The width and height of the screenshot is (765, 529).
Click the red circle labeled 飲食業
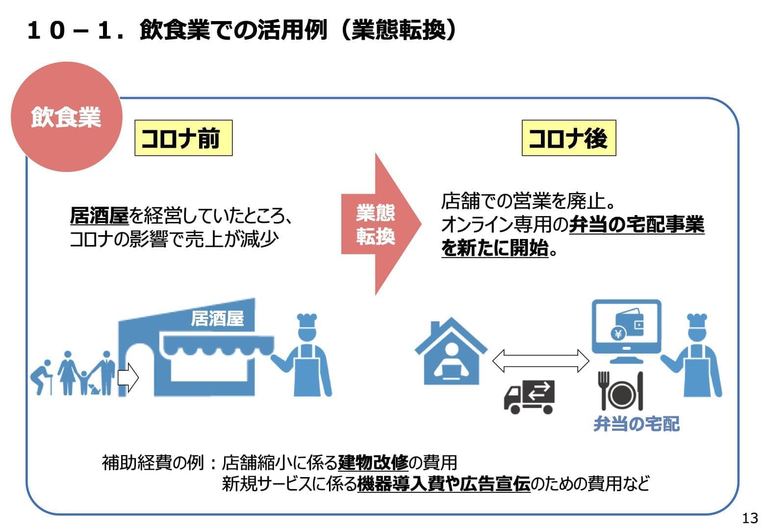tap(66, 117)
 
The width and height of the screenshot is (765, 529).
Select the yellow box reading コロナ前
tap(183, 138)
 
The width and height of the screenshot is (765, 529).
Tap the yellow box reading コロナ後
tap(568, 138)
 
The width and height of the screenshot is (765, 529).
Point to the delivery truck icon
tap(529, 396)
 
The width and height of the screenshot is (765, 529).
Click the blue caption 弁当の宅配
tap(637, 424)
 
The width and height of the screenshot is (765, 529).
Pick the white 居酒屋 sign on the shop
tap(217, 319)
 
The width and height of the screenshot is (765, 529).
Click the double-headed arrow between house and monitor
tap(540, 361)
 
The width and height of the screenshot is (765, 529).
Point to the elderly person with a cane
tap(42, 378)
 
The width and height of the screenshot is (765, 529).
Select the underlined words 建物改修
tap(373, 462)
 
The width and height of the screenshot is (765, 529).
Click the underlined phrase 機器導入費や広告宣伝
tap(444, 484)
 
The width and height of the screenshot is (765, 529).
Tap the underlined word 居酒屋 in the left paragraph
tap(99, 216)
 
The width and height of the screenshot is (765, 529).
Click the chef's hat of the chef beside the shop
tap(307, 321)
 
